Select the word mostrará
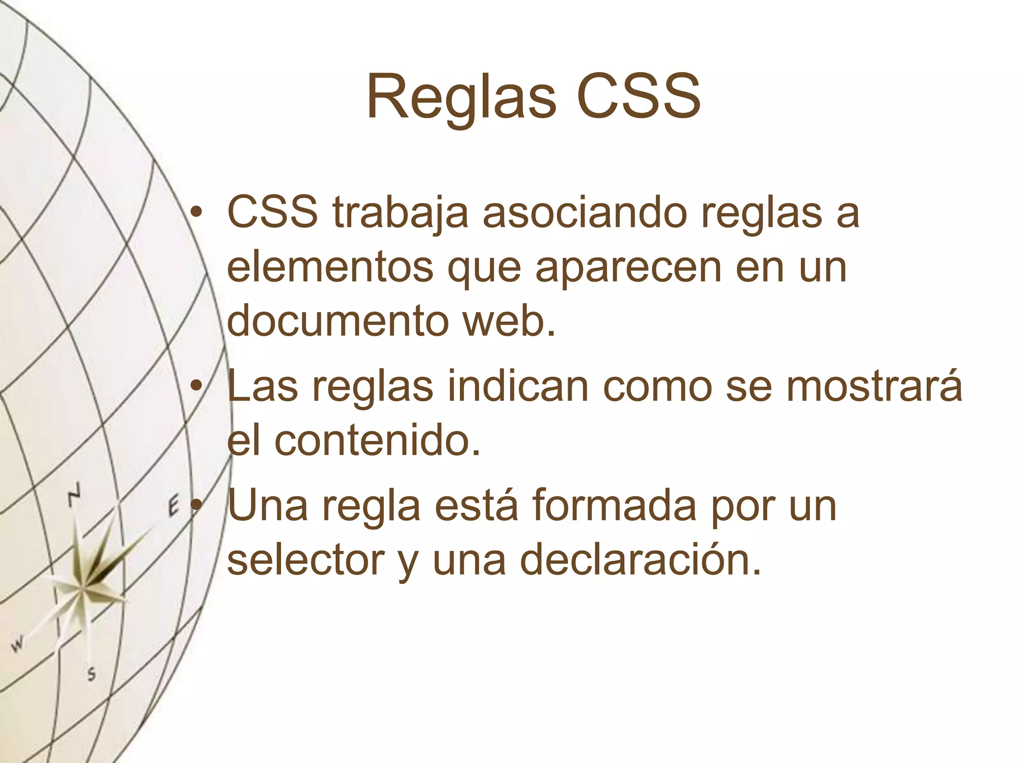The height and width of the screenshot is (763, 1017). (x=874, y=387)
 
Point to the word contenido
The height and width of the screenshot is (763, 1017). (x=377, y=440)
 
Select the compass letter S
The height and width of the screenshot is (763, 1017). (x=91, y=675)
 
